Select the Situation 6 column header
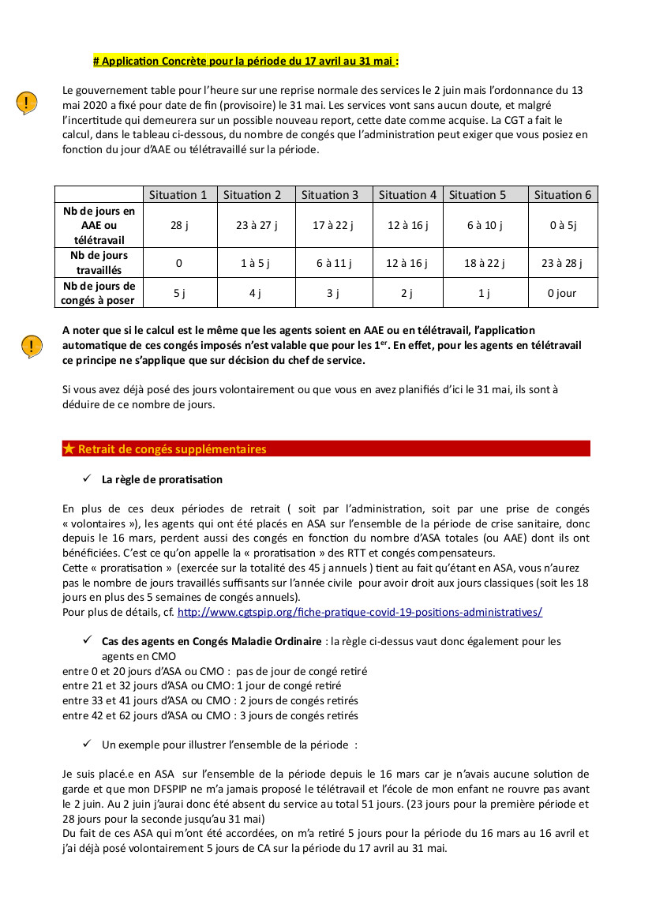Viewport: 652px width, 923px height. coord(562,195)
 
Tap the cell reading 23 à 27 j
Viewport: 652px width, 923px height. coord(257,225)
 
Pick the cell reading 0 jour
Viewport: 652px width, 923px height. coord(562,293)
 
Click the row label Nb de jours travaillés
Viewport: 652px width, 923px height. coord(99,263)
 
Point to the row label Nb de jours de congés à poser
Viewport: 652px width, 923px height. coord(99,293)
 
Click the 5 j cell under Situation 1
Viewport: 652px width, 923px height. coord(178,293)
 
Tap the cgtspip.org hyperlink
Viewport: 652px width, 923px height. coord(359,612)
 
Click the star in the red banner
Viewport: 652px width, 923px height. coord(69,449)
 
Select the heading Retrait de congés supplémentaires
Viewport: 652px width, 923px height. coord(172,449)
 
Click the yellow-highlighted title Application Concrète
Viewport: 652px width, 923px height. coord(245,60)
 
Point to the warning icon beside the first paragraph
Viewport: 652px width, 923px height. coord(27,103)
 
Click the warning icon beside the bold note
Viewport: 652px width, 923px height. coord(32,346)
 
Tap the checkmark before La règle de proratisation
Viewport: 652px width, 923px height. coord(87,478)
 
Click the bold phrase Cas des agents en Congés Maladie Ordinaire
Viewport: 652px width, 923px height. coord(212,641)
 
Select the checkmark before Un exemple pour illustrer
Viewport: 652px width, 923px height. coord(87,744)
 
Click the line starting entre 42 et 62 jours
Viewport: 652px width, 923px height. coord(210,715)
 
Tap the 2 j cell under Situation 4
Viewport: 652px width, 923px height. coord(407,293)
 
